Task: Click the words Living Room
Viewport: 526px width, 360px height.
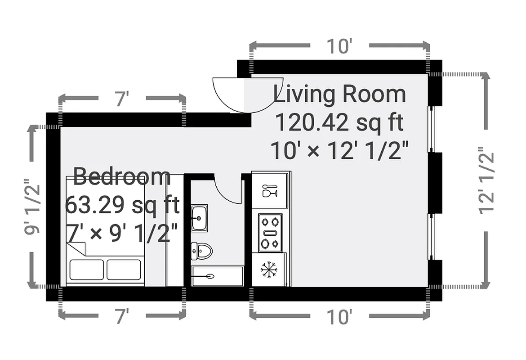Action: click(x=339, y=95)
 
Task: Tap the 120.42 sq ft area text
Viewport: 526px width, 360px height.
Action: click(x=339, y=123)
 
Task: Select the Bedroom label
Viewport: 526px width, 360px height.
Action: click(x=122, y=176)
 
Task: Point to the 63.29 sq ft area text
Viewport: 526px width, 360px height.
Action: click(x=122, y=206)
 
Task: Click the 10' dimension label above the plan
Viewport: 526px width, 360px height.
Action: click(x=339, y=46)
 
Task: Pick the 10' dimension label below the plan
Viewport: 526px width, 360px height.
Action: click(x=339, y=317)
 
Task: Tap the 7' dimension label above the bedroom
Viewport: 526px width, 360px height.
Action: click(x=122, y=99)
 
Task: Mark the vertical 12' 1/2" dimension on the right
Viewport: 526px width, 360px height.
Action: click(x=486, y=180)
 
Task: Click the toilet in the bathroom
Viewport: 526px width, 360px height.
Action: click(x=201, y=251)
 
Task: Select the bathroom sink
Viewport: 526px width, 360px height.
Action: click(x=199, y=218)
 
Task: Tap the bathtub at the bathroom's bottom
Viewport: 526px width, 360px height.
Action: click(x=217, y=276)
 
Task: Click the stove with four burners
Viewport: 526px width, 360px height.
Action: click(x=270, y=233)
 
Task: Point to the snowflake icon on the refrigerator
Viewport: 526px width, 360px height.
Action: click(x=269, y=270)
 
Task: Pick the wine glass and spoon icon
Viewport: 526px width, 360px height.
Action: click(x=269, y=190)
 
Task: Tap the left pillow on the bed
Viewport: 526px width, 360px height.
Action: click(x=86, y=270)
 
